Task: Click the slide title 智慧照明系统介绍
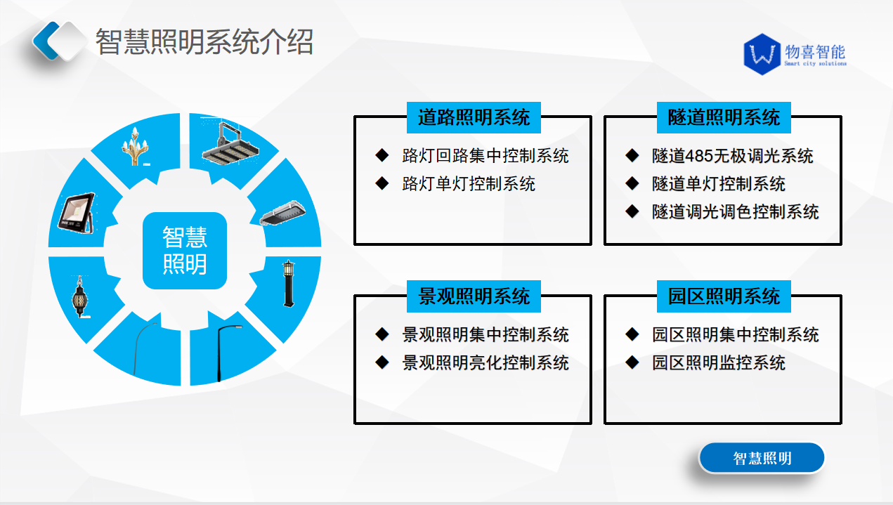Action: pyautogui.click(x=204, y=41)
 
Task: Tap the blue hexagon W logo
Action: pyautogui.click(x=762, y=54)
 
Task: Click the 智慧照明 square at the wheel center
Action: pyautogui.click(x=185, y=250)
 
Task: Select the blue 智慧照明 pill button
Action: pyautogui.click(x=762, y=458)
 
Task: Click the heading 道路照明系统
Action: pyautogui.click(x=474, y=117)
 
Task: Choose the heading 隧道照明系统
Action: pyautogui.click(x=724, y=117)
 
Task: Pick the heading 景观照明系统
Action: pyautogui.click(x=474, y=296)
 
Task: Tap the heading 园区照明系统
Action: pyautogui.click(x=724, y=296)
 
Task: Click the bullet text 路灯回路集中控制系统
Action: pyautogui.click(x=485, y=155)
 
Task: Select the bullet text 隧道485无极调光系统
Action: pyautogui.click(x=732, y=155)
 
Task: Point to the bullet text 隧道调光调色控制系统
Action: pyautogui.click(x=735, y=211)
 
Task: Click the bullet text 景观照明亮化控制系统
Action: pyautogui.click(x=485, y=362)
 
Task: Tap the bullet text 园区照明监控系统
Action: pyautogui.click(x=718, y=362)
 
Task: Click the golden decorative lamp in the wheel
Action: pyautogui.click(x=135, y=146)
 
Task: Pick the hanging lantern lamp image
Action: pyautogui.click(x=80, y=296)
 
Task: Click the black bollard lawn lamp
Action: pyautogui.click(x=289, y=284)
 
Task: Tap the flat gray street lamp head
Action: pyautogui.click(x=282, y=213)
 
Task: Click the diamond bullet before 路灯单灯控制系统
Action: pyautogui.click(x=382, y=183)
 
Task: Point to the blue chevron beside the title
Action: pyautogui.click(x=46, y=41)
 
